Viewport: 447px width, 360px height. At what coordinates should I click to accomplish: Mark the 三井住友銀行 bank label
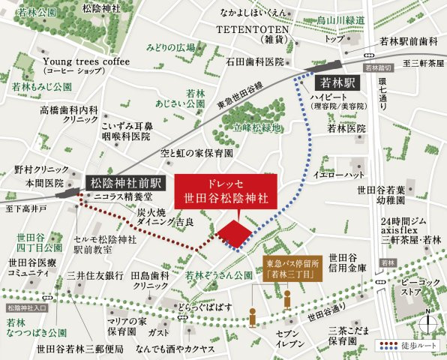[x=94, y=275]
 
